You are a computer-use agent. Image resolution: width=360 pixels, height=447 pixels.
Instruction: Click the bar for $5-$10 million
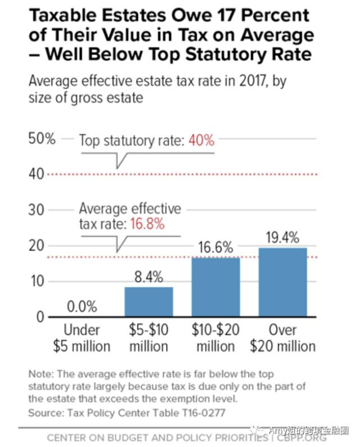click(x=148, y=302)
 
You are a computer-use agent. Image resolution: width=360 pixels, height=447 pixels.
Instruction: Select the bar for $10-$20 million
click(x=215, y=287)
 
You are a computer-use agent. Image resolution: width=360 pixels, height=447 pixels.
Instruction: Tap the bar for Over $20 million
click(x=282, y=282)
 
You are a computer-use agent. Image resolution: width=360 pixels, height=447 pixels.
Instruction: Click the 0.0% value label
click(x=82, y=307)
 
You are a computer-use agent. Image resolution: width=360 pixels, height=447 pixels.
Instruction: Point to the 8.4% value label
click(x=148, y=277)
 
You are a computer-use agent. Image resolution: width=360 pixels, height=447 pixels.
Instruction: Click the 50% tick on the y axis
click(x=42, y=139)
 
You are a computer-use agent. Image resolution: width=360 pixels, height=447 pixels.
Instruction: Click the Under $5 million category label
click(x=82, y=337)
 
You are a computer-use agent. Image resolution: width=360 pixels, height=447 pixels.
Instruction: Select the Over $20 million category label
click(x=282, y=337)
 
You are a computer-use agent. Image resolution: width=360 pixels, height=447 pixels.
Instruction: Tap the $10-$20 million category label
click(x=215, y=337)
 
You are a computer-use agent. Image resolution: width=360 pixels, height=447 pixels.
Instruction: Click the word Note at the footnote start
click(x=40, y=374)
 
